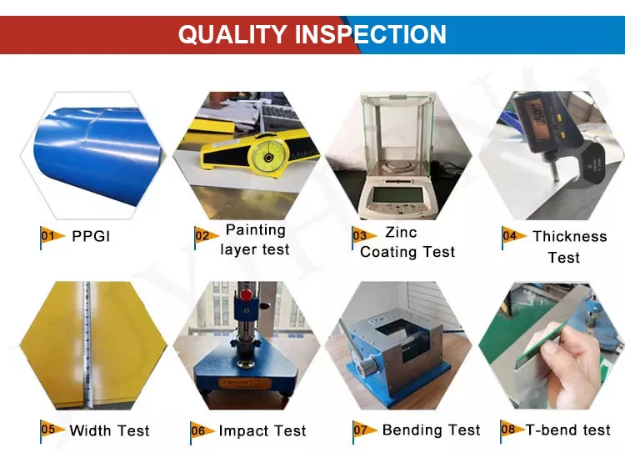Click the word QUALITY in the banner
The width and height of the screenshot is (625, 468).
pos(232,34)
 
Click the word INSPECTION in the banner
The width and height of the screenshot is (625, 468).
pos(371,34)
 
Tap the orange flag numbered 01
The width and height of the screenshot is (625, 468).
pos(52,237)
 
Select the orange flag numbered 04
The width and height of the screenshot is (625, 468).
pos(514,237)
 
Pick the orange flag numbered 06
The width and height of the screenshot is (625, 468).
pos(202,431)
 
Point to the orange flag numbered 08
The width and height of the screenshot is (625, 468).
pos(512,430)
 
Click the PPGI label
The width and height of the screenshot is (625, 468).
pos(91,237)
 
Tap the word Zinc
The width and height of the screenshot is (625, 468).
pos(401,232)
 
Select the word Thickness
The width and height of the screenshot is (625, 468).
pos(570,236)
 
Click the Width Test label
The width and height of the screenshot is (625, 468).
pos(110,431)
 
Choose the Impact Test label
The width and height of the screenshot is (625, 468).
pos(262,431)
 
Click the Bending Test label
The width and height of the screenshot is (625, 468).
pos(432,430)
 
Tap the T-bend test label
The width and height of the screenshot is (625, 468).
pos(568,430)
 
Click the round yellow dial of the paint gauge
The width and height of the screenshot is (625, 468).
pos(268,157)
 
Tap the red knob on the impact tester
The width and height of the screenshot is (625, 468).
pos(247,295)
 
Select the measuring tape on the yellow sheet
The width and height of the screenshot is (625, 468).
pos(88,345)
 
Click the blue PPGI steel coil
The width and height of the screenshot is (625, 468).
pos(97,156)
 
